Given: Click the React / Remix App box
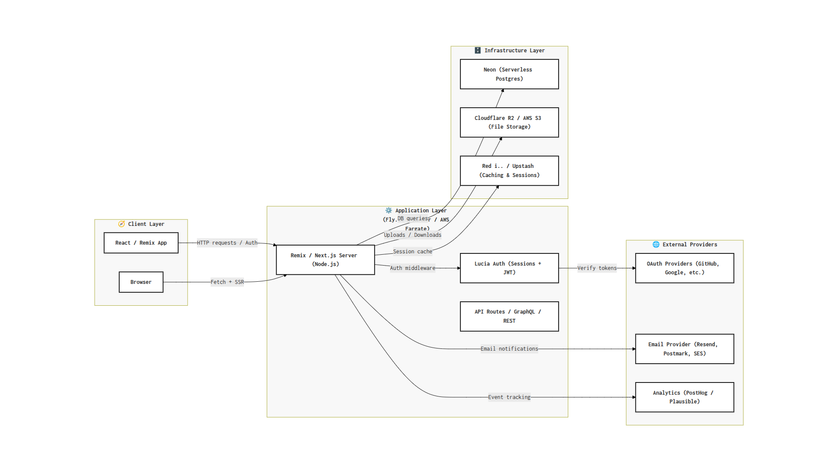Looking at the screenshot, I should (141, 243).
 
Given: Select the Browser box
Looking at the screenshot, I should (141, 282).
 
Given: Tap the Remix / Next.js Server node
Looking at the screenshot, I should (325, 260).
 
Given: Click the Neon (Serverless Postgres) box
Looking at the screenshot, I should (509, 74).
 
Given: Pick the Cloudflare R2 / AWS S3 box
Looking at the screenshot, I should (509, 123).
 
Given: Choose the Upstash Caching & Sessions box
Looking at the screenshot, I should (509, 171).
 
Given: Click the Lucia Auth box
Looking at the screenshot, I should (509, 268).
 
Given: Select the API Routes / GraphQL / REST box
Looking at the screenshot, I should (509, 316).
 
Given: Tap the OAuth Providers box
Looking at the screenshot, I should (684, 268).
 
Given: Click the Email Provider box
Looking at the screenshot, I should (684, 349).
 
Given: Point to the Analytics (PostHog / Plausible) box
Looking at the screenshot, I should (684, 397).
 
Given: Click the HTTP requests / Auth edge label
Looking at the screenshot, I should (227, 243).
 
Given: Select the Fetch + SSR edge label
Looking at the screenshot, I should (227, 282).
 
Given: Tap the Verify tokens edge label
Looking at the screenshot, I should (597, 268).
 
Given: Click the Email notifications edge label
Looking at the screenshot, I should (509, 349).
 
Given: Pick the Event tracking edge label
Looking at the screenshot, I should (509, 397).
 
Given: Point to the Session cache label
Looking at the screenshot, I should (412, 252).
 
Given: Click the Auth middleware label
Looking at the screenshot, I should (412, 268).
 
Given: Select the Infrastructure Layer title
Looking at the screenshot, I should (514, 51).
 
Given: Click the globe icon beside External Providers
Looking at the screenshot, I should (656, 245).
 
